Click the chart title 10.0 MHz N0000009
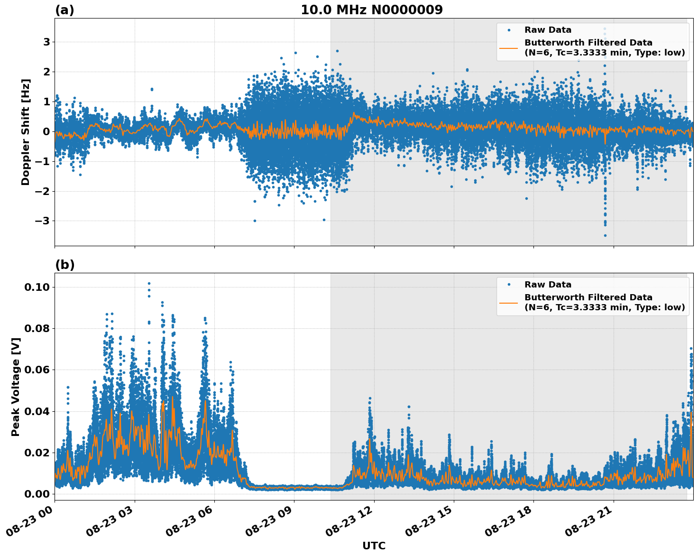tap(371, 10)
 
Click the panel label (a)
tap(64, 10)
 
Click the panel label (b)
tap(64, 265)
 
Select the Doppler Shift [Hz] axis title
tap(26, 132)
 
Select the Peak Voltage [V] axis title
tap(16, 387)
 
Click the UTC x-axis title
tap(374, 546)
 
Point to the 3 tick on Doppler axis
tap(46, 42)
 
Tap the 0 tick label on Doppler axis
tap(46, 131)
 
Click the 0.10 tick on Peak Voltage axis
tap(38, 287)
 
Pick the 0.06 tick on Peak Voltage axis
tap(38, 370)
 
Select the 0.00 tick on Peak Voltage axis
tap(38, 494)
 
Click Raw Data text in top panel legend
tap(548, 30)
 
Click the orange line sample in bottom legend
tap(508, 302)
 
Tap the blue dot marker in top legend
tap(508, 30)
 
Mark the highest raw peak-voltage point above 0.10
tap(149, 283)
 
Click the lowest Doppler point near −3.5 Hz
tap(605, 235)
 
